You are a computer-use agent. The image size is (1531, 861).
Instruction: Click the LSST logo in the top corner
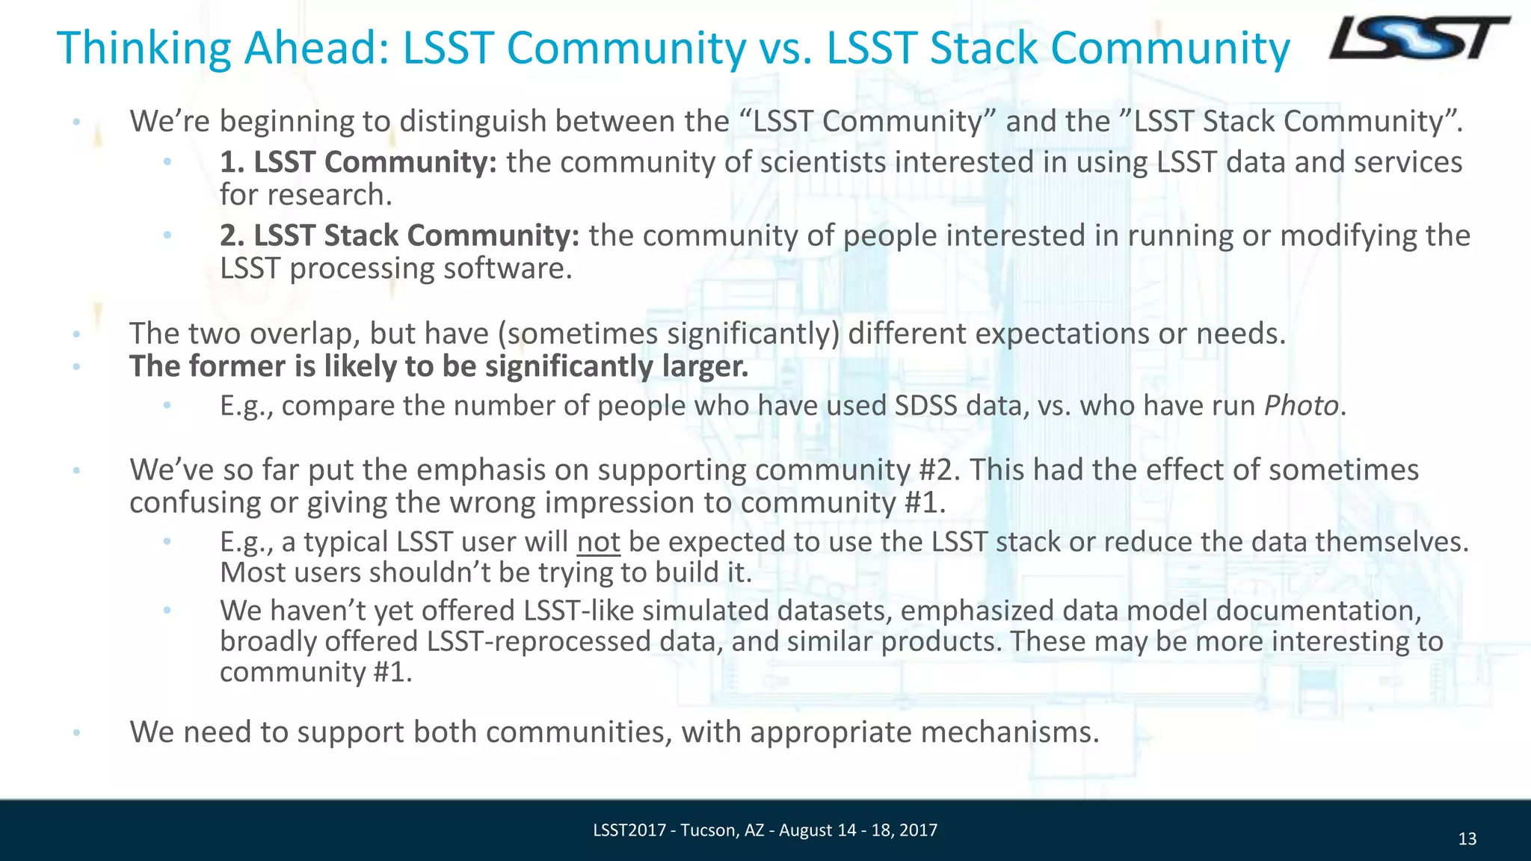1418,39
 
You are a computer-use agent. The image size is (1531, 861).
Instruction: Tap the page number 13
1467,839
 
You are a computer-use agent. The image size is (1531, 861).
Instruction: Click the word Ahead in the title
315,48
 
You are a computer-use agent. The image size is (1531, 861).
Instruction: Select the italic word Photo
1300,406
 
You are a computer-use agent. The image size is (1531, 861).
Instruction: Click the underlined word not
598,542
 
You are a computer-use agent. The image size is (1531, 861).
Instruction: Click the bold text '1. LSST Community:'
358,162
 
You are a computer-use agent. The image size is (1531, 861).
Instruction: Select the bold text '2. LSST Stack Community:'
399,235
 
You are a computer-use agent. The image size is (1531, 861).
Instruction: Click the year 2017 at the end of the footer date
919,830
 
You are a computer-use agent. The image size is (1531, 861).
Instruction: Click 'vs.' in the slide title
786,48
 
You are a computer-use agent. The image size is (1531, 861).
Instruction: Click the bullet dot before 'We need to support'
76,733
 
